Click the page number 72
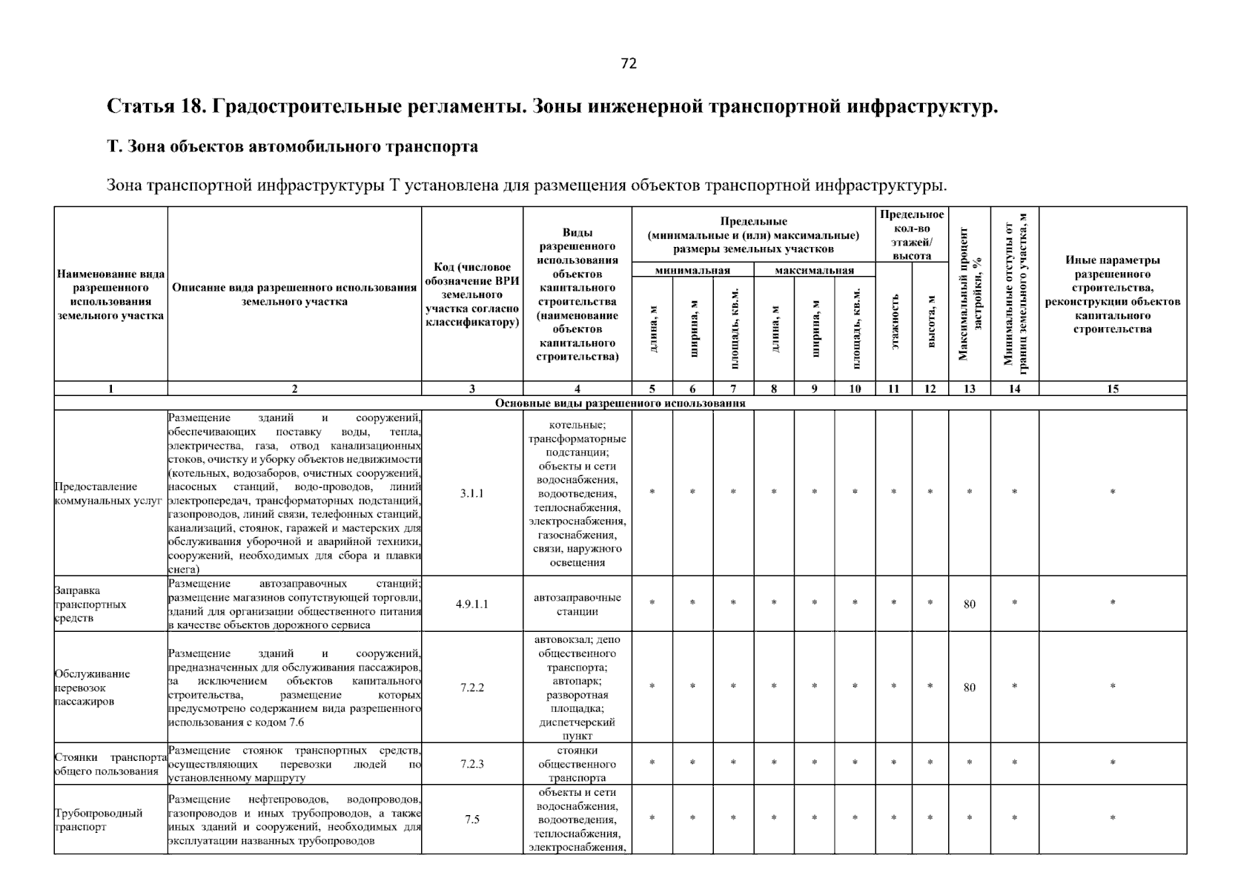coord(629,64)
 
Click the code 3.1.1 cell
coord(471,493)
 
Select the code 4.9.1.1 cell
coord(471,604)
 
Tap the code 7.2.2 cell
coord(471,688)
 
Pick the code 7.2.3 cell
coord(471,763)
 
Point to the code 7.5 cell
coord(471,820)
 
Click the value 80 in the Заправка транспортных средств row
coord(970,604)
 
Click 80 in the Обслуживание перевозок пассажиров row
coord(970,688)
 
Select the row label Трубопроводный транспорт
coord(99,820)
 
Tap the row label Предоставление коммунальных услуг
coord(107,493)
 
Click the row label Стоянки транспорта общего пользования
coord(110,764)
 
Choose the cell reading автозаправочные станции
coord(577,604)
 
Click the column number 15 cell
coord(1112,389)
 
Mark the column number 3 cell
coord(471,389)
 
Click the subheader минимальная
coord(692,271)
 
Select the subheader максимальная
coord(814,271)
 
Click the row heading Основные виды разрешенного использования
coord(620,403)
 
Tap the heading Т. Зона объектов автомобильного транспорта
coord(292,147)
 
